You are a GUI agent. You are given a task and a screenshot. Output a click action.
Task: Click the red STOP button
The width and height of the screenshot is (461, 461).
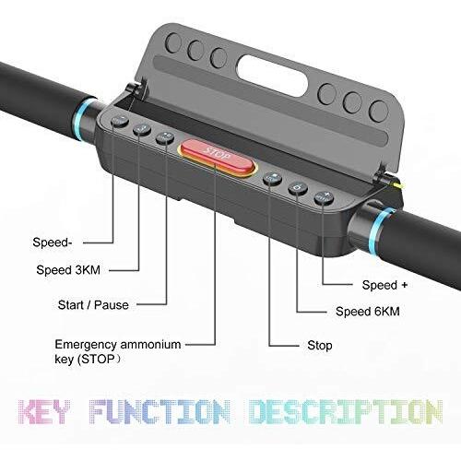tap(217, 158)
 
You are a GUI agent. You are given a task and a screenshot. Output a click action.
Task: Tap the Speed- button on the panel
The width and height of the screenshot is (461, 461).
tap(120, 121)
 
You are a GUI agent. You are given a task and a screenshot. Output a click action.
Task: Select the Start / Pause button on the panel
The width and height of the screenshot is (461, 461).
tap(165, 138)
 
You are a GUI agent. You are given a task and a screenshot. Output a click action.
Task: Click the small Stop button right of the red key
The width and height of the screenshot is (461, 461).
tap(272, 179)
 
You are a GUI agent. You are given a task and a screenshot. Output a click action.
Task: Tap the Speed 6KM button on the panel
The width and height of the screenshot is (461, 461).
tap(298, 188)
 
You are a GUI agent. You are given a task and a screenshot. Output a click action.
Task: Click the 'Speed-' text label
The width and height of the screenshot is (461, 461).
tap(53, 242)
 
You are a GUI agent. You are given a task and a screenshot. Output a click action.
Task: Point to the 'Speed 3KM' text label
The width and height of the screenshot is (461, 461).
tap(68, 270)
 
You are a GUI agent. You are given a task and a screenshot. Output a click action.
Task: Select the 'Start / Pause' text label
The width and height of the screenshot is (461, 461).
tap(93, 305)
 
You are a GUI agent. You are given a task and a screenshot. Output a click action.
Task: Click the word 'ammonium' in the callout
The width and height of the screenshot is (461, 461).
tap(150, 345)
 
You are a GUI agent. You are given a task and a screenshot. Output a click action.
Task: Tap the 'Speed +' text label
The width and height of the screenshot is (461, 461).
tap(384, 285)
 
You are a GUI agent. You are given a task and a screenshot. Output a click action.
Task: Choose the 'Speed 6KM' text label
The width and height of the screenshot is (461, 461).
tap(368, 312)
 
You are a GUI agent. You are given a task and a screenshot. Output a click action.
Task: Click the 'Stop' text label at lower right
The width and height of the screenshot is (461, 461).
tap(320, 346)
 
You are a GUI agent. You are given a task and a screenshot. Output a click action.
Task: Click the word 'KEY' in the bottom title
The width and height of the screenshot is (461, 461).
tap(44, 412)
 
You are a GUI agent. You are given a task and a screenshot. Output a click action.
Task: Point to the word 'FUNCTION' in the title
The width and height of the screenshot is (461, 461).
tap(160, 412)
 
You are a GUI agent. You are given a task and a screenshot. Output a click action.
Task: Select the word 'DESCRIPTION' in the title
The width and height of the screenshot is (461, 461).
tap(346, 412)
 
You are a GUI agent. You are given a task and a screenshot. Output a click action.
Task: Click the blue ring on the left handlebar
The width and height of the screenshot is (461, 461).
tap(81, 119)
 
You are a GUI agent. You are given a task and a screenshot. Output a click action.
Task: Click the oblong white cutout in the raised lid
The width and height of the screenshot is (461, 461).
tap(272, 76)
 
